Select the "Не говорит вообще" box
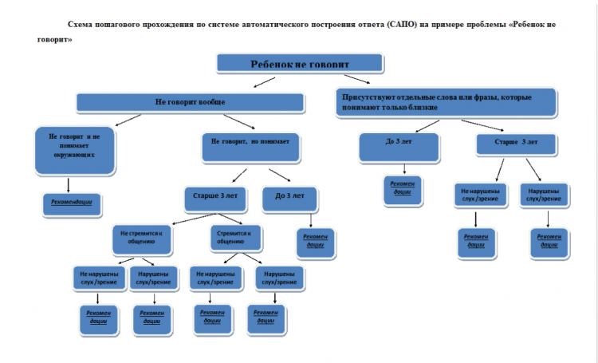coord(190,102)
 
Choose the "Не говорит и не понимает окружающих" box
coord(73,149)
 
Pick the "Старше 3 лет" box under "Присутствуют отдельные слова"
coord(517,144)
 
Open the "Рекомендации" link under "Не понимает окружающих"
coord(73,203)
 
